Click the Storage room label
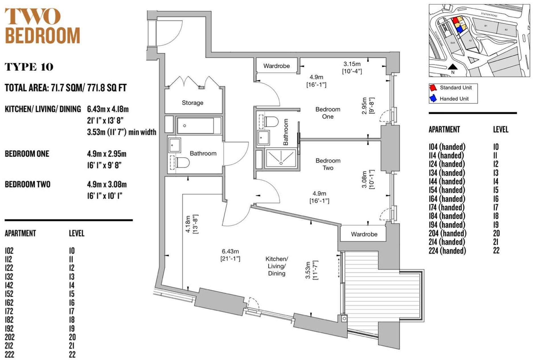[192, 103]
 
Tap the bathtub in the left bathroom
[196, 126]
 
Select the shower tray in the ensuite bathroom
[281, 158]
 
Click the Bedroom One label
[327, 113]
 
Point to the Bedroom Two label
[328, 164]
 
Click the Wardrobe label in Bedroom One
[276, 66]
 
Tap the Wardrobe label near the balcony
[364, 234]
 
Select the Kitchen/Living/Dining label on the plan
[276, 266]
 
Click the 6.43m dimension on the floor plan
[230, 251]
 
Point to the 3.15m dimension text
[352, 64]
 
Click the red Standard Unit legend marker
[433, 87]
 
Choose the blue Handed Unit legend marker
[433, 99]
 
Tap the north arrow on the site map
[453, 67]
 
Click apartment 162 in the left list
[9, 302]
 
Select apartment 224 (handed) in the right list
[447, 251]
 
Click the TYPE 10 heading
[29, 67]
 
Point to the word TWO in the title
[32, 16]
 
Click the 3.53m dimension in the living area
[308, 270]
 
